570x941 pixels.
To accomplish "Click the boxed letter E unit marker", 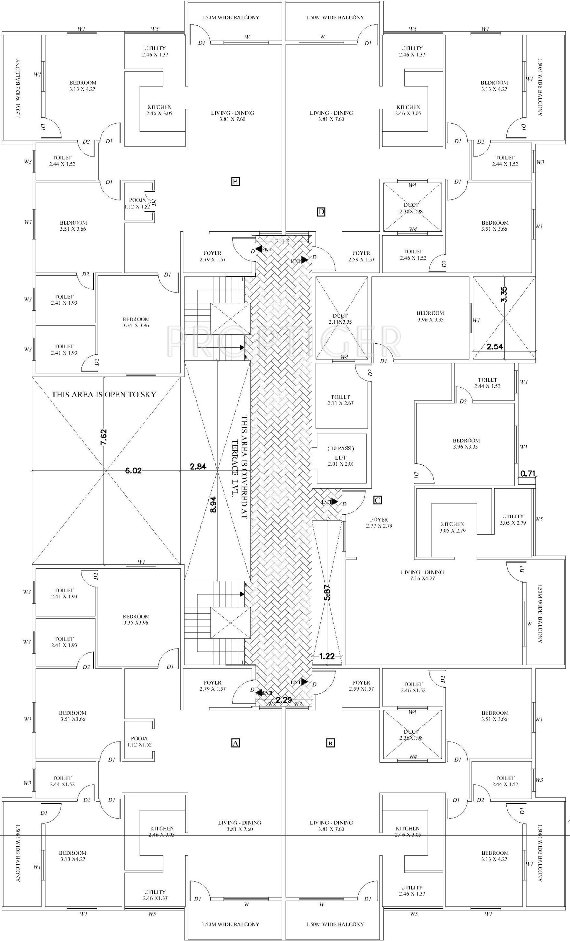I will pyautogui.click(x=235, y=181).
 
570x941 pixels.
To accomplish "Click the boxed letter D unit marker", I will pyautogui.click(x=321, y=212).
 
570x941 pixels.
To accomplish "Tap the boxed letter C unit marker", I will pyautogui.click(x=377, y=500).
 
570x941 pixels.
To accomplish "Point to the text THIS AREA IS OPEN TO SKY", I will pyautogui.click(x=104, y=395).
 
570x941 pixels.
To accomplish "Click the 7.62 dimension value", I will pyautogui.click(x=104, y=437).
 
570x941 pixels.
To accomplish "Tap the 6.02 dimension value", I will pyautogui.click(x=133, y=471).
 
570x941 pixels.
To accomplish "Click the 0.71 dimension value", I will pyautogui.click(x=527, y=474).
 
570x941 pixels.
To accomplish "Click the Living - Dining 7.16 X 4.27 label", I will pyautogui.click(x=422, y=575).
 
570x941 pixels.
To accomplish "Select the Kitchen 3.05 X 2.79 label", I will pyautogui.click(x=452, y=527).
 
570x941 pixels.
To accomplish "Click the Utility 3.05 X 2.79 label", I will pyautogui.click(x=513, y=519).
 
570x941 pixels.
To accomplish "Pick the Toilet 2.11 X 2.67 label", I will pyautogui.click(x=340, y=400).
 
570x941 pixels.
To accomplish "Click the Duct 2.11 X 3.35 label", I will pyautogui.click(x=340, y=319).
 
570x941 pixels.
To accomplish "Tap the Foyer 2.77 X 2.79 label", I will pyautogui.click(x=379, y=523).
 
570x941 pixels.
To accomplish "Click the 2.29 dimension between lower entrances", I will pyautogui.click(x=284, y=700).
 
